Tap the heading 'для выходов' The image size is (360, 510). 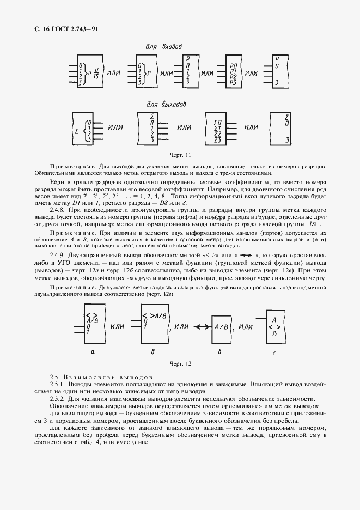(167, 104)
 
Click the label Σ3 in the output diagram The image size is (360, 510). (217, 140)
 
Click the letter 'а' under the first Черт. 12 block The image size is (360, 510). (93, 351)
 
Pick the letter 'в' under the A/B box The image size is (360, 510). (219, 351)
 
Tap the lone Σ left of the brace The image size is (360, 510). (76, 132)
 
